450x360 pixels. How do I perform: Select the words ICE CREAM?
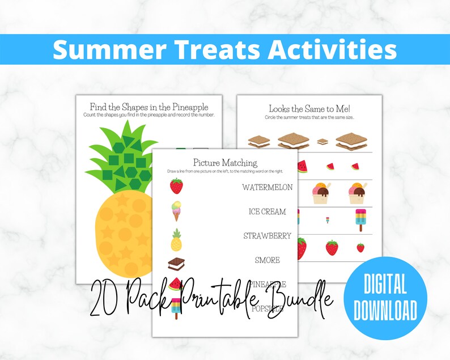tap(267, 211)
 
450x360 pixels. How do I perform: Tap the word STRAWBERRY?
tap(267, 236)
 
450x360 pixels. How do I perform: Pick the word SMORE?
tap(267, 260)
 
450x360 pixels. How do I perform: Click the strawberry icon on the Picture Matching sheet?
tap(177, 186)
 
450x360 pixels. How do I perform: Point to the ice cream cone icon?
tap(177, 211)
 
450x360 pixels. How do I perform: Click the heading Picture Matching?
tap(225, 163)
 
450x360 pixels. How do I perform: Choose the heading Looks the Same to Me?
tap(309, 108)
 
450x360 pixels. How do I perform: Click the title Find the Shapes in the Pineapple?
tap(149, 107)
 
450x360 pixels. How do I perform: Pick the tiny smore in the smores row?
tap(322, 142)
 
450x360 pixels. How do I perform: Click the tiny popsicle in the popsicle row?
tap(326, 219)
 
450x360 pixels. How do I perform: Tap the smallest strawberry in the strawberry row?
tap(360, 247)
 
